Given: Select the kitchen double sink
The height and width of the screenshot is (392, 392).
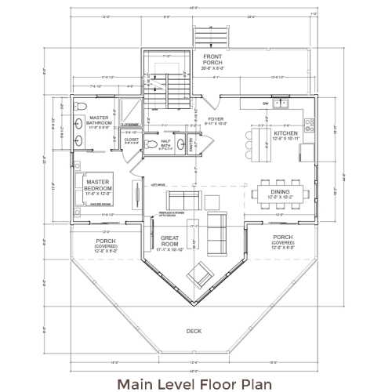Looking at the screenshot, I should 283,103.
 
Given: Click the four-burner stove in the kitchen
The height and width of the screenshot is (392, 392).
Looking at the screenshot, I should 308,123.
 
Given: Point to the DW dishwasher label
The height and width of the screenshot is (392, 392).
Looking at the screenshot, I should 266,103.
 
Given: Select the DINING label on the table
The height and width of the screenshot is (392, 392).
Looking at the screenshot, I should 281,193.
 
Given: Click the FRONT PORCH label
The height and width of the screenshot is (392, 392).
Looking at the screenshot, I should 212,60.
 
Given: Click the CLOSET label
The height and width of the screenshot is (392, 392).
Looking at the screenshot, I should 132,140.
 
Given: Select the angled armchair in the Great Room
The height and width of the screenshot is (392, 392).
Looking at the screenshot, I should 201,275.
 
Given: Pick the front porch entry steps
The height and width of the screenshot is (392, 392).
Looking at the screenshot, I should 205,38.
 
